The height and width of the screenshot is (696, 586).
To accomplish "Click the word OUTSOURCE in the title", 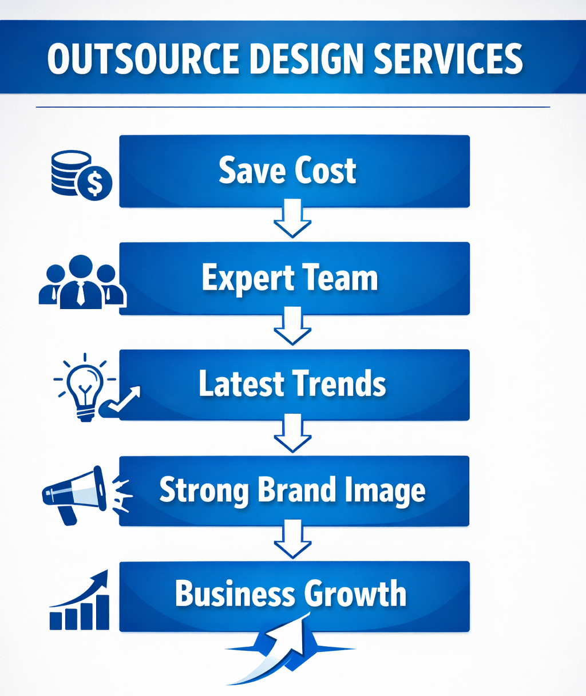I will click(x=143, y=58).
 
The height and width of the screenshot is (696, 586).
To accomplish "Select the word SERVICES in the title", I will click(x=448, y=58).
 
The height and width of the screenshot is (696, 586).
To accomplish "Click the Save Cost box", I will click(x=294, y=171).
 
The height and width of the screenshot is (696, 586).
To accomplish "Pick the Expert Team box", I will click(x=294, y=278).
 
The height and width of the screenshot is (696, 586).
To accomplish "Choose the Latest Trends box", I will click(x=294, y=385).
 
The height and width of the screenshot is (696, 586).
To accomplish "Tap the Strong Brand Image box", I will click(x=294, y=491).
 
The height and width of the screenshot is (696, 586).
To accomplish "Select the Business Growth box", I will click(x=294, y=595).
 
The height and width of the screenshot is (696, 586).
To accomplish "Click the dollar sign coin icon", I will click(x=95, y=184).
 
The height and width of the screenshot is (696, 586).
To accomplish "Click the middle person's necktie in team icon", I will click(x=81, y=294).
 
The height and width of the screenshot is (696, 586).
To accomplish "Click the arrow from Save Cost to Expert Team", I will click(x=292, y=218).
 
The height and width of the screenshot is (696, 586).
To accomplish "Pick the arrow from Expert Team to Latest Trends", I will click(x=292, y=326).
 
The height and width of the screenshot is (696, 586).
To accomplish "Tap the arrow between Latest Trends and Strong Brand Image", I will click(x=292, y=433).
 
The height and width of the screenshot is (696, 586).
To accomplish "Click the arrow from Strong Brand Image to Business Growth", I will click(x=292, y=539).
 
